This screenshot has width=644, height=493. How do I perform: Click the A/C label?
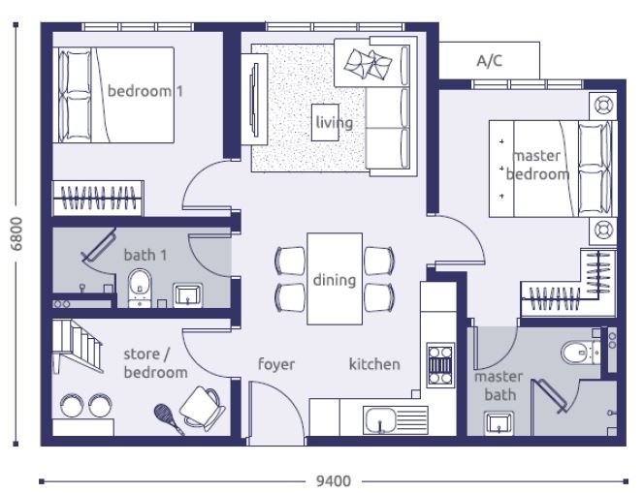coord(489,61)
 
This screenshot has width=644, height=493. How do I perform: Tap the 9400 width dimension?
coord(333,481)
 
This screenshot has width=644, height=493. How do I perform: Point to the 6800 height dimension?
coord(16,233)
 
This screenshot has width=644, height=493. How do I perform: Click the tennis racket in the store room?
coord(169,418)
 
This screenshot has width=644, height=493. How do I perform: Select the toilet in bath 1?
coord(140,288)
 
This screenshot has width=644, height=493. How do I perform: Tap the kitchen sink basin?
coord(379,419)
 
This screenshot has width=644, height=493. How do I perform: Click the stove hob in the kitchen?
coord(440,365)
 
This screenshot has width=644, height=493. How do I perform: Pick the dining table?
coord(335,279)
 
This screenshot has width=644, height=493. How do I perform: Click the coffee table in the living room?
coord(325,122)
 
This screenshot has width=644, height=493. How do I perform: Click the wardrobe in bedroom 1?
coord(98,199)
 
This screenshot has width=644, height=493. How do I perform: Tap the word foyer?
coord(276,364)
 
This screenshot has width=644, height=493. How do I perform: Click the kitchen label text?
coord(374,364)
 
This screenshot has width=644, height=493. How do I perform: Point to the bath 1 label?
coord(145,255)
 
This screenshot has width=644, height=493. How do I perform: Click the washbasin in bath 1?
coord(188,294)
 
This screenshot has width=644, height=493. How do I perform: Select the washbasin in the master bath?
coord(499,423)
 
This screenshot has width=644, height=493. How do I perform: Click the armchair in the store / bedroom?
coord(202,407)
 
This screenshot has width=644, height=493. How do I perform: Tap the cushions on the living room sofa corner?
coord(368,64)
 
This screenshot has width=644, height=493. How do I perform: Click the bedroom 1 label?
coord(145,91)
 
